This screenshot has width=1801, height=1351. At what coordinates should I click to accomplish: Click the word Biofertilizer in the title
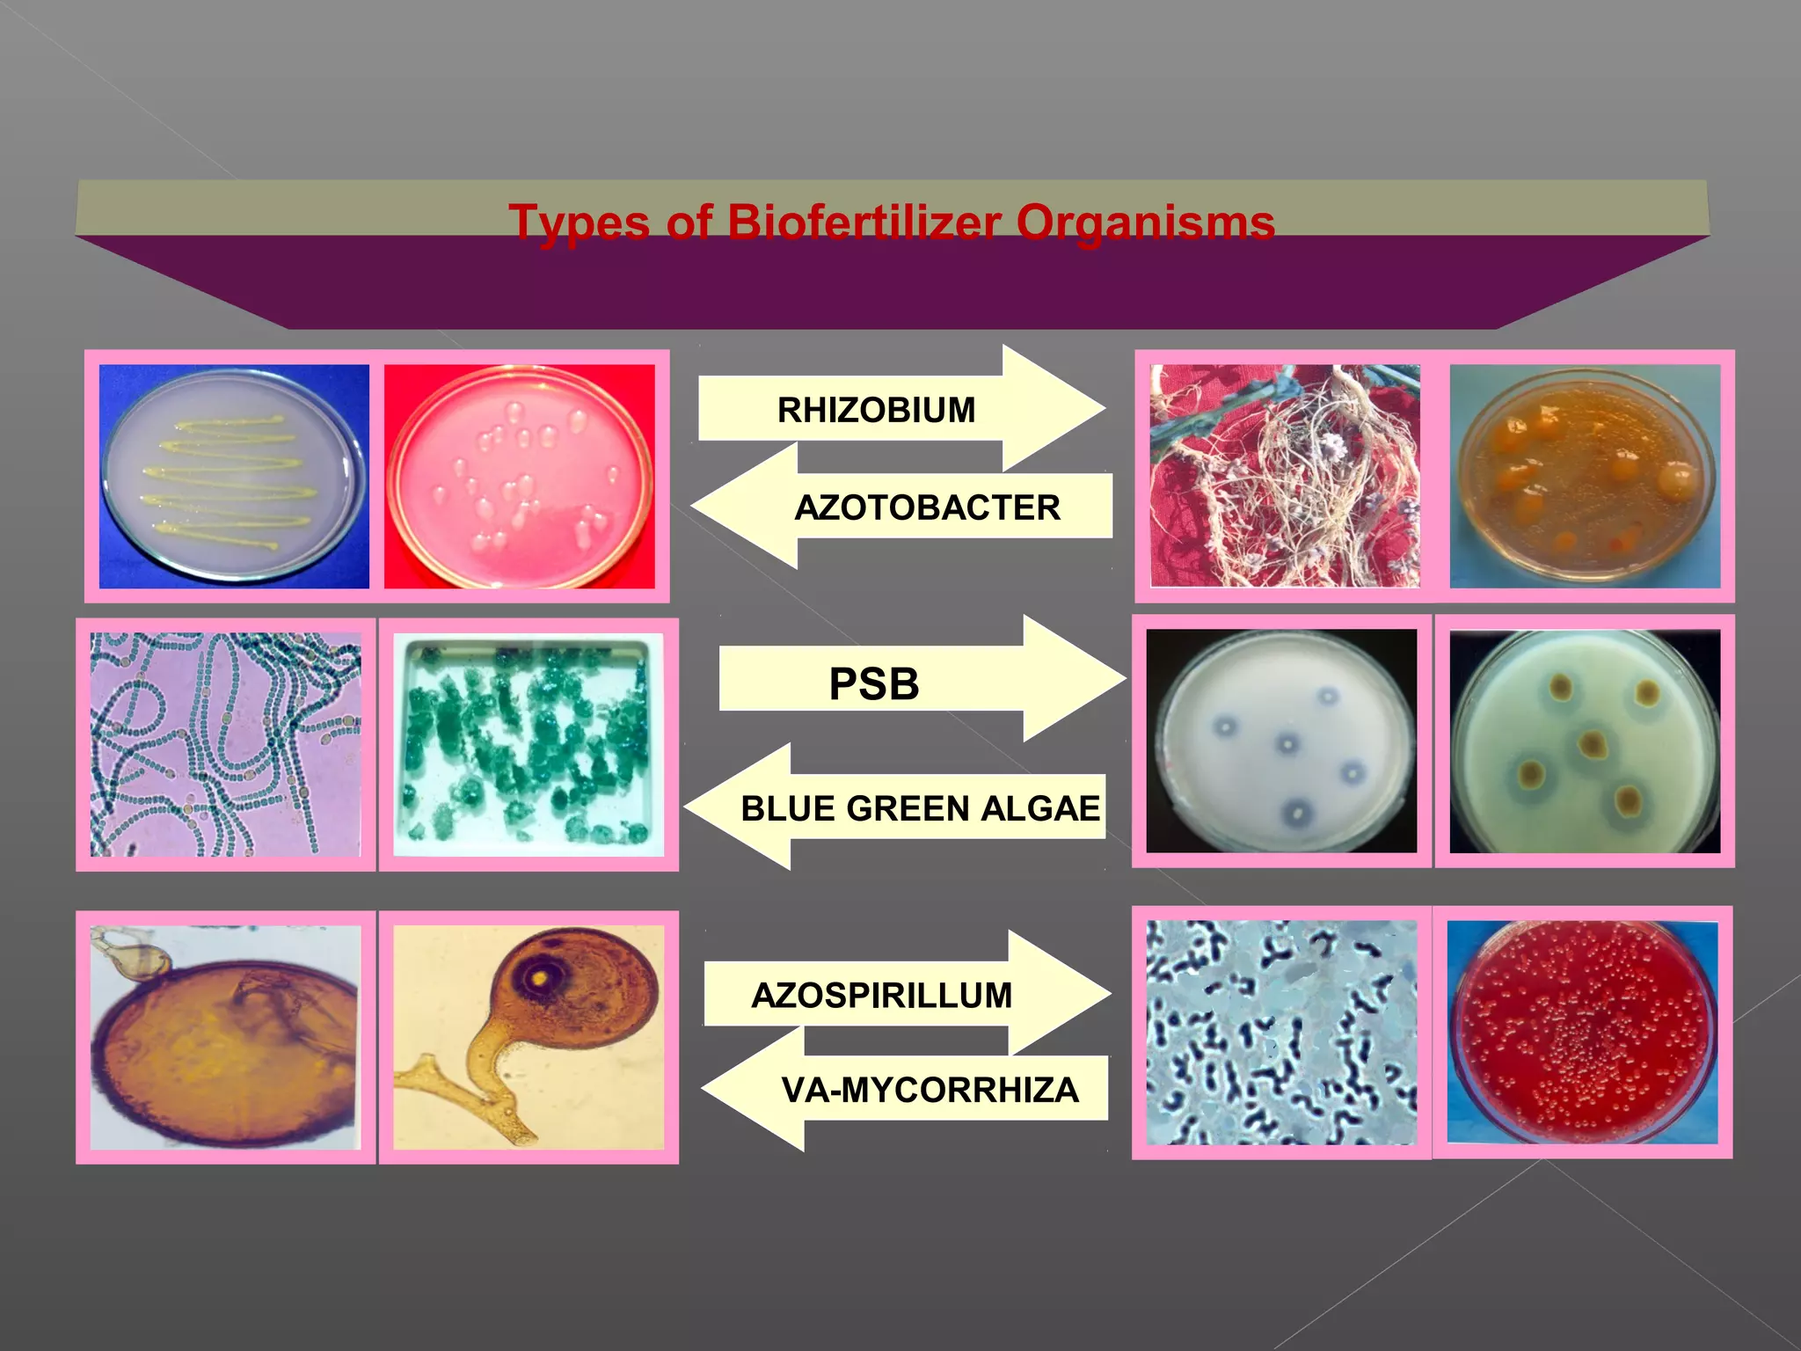tap(864, 222)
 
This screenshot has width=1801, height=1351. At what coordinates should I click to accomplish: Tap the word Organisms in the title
tap(1145, 222)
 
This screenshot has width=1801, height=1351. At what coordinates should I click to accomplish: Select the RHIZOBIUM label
tap(876, 410)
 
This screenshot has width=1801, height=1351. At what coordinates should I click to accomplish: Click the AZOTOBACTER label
tap(927, 508)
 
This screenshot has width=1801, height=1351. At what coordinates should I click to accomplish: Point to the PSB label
tap(874, 683)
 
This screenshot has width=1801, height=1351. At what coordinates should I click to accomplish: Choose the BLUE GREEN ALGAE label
tap(920, 808)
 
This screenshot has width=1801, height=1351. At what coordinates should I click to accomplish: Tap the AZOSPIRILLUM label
tap(881, 995)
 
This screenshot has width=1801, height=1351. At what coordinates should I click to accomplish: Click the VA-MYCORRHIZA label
tap(930, 1090)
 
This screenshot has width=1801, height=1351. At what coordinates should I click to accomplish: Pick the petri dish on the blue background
tap(234, 477)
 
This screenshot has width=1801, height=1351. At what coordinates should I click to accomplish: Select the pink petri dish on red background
tap(520, 477)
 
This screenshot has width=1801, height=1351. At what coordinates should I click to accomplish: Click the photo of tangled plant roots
tap(1285, 477)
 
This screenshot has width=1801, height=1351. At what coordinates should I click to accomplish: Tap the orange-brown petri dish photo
tap(1585, 477)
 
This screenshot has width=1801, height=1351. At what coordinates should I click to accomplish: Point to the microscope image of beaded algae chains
tap(226, 744)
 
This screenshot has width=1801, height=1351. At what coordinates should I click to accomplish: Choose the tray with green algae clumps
tap(529, 744)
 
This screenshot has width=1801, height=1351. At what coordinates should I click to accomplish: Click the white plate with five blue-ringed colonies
tap(1281, 741)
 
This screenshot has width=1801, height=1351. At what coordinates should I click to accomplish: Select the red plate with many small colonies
tap(1582, 1032)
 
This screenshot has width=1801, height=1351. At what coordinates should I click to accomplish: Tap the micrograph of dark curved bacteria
tap(1281, 1032)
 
